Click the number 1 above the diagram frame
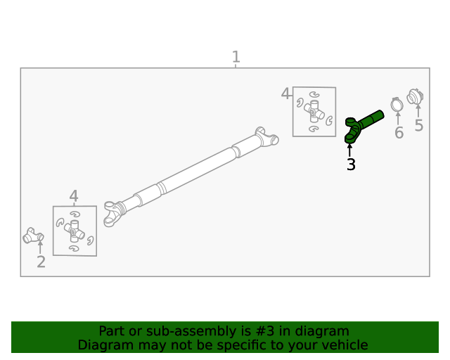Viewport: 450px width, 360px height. coord(236,57)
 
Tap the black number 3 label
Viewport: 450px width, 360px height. coord(350,165)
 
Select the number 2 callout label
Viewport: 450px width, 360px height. coord(41,262)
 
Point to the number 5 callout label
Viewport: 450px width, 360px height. coord(418,126)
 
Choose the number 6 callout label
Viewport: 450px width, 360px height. coord(399,132)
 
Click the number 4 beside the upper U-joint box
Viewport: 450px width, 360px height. coord(285,94)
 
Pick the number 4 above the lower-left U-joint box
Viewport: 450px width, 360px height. coord(74,197)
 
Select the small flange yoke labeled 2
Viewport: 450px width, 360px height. coord(32,236)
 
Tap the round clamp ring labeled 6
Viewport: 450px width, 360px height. coord(397,105)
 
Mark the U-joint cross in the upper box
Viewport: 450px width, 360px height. coord(314,111)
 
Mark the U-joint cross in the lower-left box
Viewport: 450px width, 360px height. coord(75,230)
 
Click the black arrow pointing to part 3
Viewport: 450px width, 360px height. coord(349,150)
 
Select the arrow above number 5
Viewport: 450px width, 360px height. coord(418,111)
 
